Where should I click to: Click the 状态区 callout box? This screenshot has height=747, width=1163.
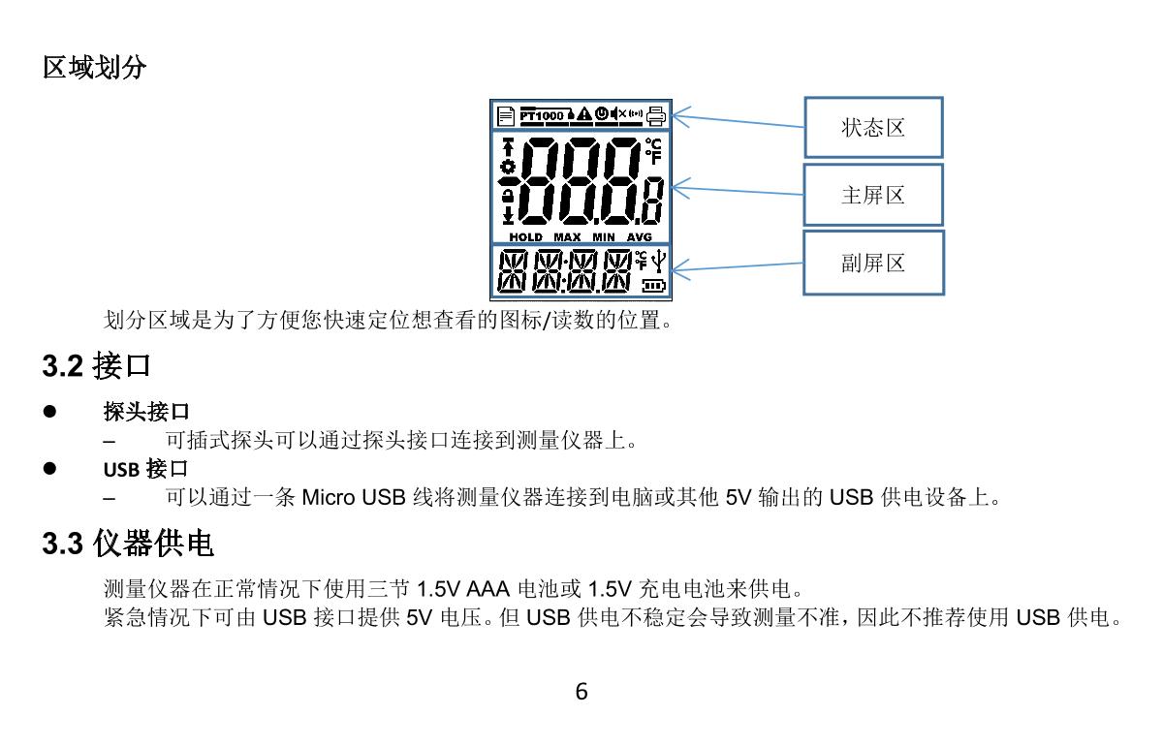click(x=873, y=128)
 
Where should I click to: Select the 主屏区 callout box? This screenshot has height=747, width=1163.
click(x=873, y=195)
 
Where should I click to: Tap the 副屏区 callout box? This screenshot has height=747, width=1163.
click(x=873, y=263)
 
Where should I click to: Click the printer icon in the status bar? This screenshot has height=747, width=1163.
click(x=657, y=115)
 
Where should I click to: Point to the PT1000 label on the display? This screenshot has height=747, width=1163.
click(x=541, y=115)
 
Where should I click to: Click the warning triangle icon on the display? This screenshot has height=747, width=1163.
click(x=585, y=114)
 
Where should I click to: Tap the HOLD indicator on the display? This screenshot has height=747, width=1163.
click(x=525, y=237)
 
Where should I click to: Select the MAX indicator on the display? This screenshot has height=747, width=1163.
click(x=567, y=237)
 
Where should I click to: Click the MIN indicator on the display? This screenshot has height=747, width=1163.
click(x=604, y=237)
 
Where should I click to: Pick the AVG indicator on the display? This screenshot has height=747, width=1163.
click(x=640, y=237)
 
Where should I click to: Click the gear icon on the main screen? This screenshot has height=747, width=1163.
click(x=507, y=166)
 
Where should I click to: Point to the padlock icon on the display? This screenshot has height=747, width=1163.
click(x=507, y=197)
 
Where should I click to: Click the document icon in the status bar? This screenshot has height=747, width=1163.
click(x=505, y=115)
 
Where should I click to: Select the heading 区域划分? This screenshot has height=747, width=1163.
click(x=95, y=68)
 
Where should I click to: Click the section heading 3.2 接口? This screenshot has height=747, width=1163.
click(x=97, y=366)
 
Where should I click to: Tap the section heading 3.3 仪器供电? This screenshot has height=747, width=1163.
click(x=128, y=545)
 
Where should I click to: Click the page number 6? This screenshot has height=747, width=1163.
click(x=581, y=692)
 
